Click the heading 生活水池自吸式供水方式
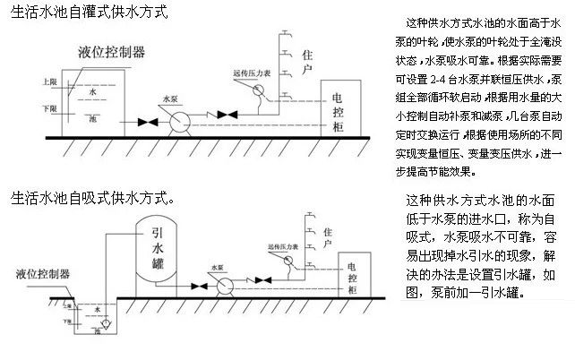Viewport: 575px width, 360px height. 90,195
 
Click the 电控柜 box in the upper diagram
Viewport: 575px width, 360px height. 339,109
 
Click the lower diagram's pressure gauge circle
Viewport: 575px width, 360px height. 285,261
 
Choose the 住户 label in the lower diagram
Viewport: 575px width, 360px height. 327,235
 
